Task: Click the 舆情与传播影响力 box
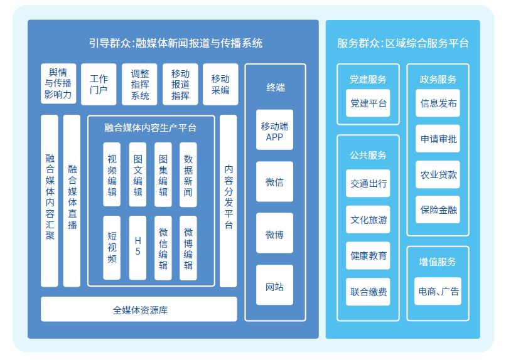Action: click(x=58, y=84)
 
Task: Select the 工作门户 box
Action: click(x=99, y=84)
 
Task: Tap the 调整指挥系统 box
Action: click(x=140, y=84)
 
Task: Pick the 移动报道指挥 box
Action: click(x=181, y=84)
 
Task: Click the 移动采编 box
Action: click(x=220, y=84)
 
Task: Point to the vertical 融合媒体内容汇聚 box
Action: click(x=50, y=200)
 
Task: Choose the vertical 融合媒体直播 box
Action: click(x=72, y=200)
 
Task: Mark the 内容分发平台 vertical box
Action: click(x=229, y=200)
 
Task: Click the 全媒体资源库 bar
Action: click(x=139, y=309)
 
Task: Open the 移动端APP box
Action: click(x=275, y=130)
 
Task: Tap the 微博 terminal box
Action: click(x=275, y=235)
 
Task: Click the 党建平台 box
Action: click(x=369, y=103)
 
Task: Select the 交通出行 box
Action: click(x=369, y=184)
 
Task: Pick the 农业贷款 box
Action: click(x=438, y=175)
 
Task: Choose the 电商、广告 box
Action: click(x=438, y=292)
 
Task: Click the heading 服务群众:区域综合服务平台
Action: click(x=402, y=43)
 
